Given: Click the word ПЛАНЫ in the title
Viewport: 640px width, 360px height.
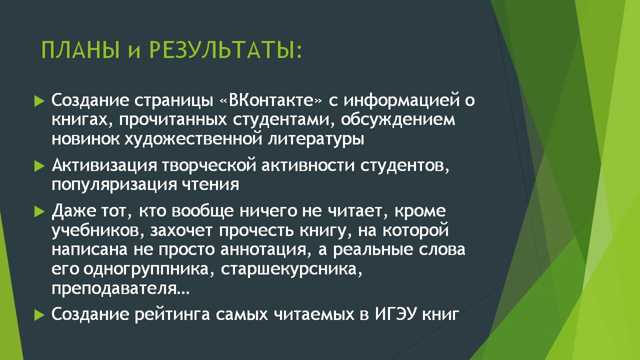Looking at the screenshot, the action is pyautogui.click(x=80, y=50).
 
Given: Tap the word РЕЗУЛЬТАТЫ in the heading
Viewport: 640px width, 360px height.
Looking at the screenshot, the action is pyautogui.click(x=225, y=50).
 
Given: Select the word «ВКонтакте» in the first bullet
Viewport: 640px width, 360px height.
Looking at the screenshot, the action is pyautogui.click(x=271, y=100).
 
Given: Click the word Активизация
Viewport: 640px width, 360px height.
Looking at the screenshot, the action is pyautogui.click(x=104, y=166).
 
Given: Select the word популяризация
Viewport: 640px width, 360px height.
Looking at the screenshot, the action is pyautogui.click(x=114, y=185).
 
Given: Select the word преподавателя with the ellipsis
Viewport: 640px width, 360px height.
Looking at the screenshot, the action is pyautogui.click(x=120, y=289).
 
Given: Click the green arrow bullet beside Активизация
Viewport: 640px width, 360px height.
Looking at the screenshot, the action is pyautogui.click(x=39, y=166).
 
